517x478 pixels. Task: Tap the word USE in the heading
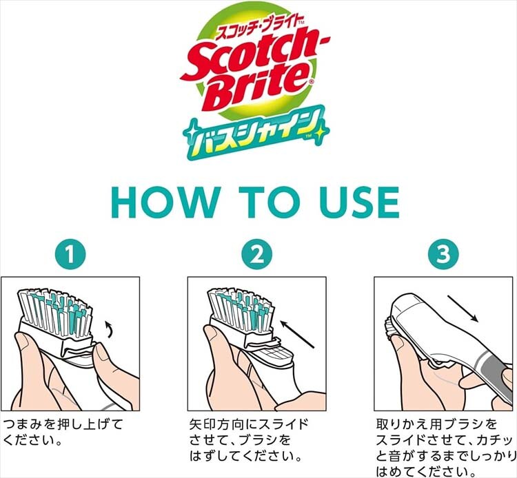tap(360, 202)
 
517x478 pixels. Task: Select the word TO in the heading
tap(267, 202)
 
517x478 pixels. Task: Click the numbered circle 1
tap(70, 254)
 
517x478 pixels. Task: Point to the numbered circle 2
tap(257, 254)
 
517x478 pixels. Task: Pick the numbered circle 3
tap(443, 254)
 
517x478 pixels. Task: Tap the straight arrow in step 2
tap(296, 334)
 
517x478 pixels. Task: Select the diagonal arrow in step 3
tap(463, 308)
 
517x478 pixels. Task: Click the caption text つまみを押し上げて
tap(63, 424)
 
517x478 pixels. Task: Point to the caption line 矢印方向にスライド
tap(249, 424)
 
